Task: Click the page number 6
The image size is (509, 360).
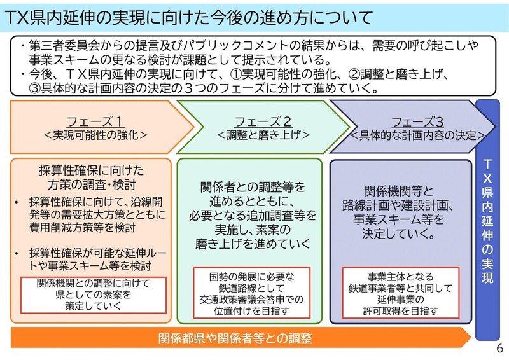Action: coord(499,349)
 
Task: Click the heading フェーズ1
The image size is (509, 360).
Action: coord(94,121)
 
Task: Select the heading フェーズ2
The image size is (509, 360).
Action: coord(263,121)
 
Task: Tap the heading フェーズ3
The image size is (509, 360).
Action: coord(417,122)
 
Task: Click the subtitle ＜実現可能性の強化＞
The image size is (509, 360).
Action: coord(95,135)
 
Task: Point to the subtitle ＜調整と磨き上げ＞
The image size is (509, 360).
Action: coord(263,135)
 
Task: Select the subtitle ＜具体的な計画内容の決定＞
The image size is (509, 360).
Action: coord(418,135)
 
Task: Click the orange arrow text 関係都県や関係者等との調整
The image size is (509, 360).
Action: coord(235,338)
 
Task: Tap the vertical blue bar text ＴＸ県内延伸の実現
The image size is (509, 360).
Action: coord(487,221)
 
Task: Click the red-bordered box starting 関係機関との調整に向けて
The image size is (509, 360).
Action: coord(94,295)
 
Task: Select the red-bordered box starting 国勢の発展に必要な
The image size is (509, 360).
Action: coord(251,293)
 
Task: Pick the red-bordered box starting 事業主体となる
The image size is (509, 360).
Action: coord(401,293)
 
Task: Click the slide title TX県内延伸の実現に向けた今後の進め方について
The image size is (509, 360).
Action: coord(189,18)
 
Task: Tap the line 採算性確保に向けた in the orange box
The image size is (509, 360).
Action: coord(92,170)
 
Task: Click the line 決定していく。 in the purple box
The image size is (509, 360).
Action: coord(399,233)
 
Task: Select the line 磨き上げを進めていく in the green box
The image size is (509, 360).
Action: coord(253,244)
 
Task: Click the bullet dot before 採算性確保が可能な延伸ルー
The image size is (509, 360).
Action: coord(17,253)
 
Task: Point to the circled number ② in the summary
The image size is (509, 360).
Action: coord(354,74)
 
